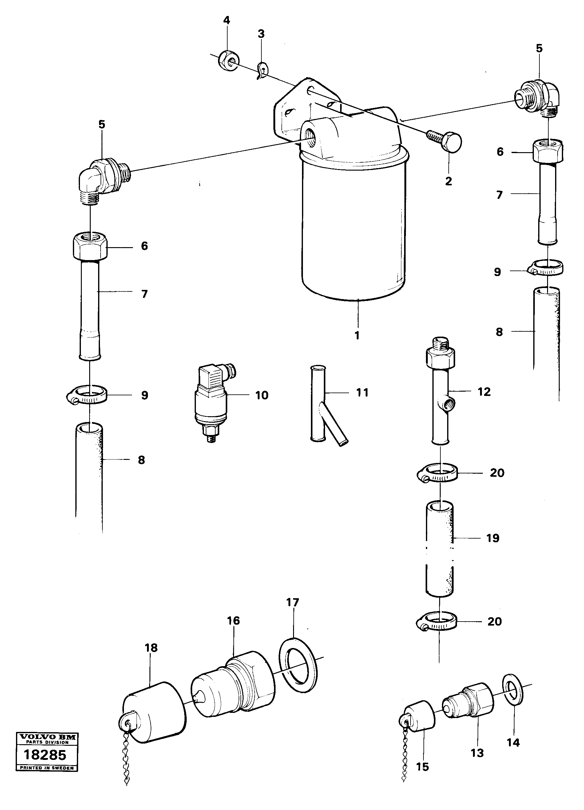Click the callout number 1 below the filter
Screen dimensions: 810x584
click(357, 335)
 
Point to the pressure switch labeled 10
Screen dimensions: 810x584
click(211, 402)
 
